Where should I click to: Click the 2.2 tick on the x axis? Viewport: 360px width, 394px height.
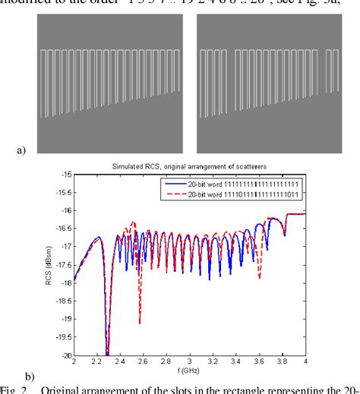pyautogui.click(x=97, y=362)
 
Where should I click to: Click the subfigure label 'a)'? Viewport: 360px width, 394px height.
pyautogui.click(x=21, y=150)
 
